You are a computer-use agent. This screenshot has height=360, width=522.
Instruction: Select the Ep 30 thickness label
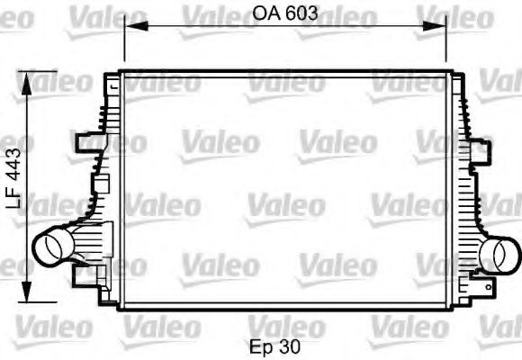tap(276, 345)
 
